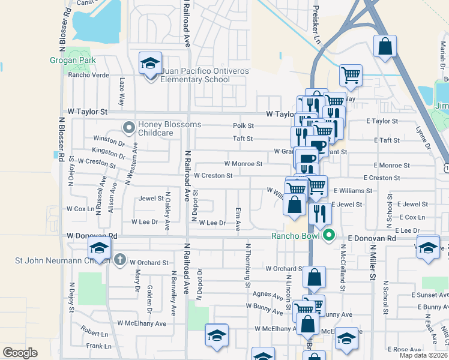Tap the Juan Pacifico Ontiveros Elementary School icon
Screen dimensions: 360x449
150,63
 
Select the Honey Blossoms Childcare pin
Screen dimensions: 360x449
128,127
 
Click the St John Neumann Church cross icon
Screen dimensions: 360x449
119,260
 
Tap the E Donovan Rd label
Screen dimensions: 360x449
372,238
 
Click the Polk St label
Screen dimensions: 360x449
244,126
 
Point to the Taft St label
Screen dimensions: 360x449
243,139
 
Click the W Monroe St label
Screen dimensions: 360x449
243,163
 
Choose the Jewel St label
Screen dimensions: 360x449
151,198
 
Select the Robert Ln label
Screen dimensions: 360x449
95,331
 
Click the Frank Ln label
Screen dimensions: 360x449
98,346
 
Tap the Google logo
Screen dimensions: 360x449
20,353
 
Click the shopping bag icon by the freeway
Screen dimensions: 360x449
385,46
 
